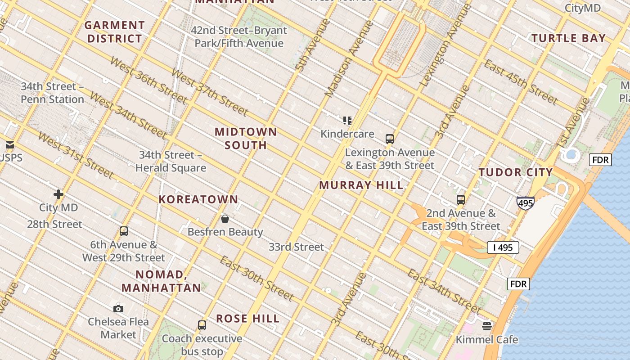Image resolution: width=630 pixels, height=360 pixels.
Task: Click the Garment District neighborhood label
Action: coord(115,32)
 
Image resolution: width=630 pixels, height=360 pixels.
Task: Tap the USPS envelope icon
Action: coord(9,145)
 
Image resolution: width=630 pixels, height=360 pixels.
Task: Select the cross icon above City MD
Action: coord(58,194)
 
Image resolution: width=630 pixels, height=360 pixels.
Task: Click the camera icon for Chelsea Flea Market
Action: coord(118,309)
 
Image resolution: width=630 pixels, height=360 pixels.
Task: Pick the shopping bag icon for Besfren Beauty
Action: coord(225,219)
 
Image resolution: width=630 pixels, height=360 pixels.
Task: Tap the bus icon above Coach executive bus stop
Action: coord(202,325)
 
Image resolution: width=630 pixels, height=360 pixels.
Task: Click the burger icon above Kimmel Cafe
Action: coord(487,326)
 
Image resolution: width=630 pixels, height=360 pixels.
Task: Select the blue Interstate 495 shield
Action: coord(525,203)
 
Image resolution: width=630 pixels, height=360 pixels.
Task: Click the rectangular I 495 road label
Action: coord(503,247)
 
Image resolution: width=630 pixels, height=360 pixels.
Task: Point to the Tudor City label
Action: coord(516,172)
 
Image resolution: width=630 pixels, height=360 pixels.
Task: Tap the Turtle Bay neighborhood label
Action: coord(569,38)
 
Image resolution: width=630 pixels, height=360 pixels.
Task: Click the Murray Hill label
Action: coord(361,185)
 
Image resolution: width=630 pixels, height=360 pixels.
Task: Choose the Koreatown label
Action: coord(198,199)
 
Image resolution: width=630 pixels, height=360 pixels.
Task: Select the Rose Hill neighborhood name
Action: coord(248,319)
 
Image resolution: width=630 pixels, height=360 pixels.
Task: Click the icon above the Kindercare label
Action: coord(347,120)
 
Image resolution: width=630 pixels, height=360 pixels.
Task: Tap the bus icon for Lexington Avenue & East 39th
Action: coord(390,139)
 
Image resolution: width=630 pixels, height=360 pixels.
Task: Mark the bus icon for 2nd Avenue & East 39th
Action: coord(461,200)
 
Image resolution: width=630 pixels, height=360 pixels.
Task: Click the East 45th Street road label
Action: coord(521,81)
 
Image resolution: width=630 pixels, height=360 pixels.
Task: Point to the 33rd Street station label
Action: coord(296,247)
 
